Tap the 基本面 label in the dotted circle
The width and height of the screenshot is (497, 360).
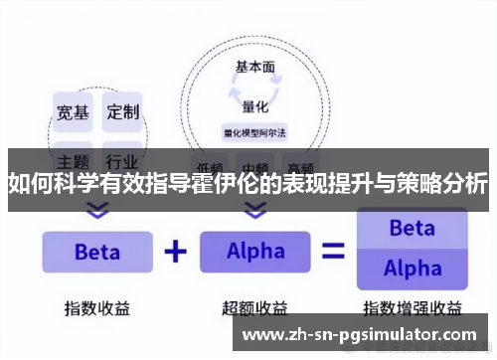(254, 68)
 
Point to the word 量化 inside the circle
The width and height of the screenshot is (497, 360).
(254, 107)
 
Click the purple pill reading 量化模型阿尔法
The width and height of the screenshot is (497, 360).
(255, 131)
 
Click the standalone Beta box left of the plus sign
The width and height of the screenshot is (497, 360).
(96, 252)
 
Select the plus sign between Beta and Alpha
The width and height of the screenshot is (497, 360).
(175, 251)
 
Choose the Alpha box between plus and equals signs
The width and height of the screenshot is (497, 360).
(255, 252)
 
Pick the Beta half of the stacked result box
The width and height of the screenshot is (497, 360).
(412, 229)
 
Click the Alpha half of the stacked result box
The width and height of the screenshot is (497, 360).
(412, 269)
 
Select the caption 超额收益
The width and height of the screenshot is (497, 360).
(254, 307)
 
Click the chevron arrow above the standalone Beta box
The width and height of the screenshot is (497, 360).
(96, 211)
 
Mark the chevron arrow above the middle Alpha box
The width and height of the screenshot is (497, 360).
(255, 211)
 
